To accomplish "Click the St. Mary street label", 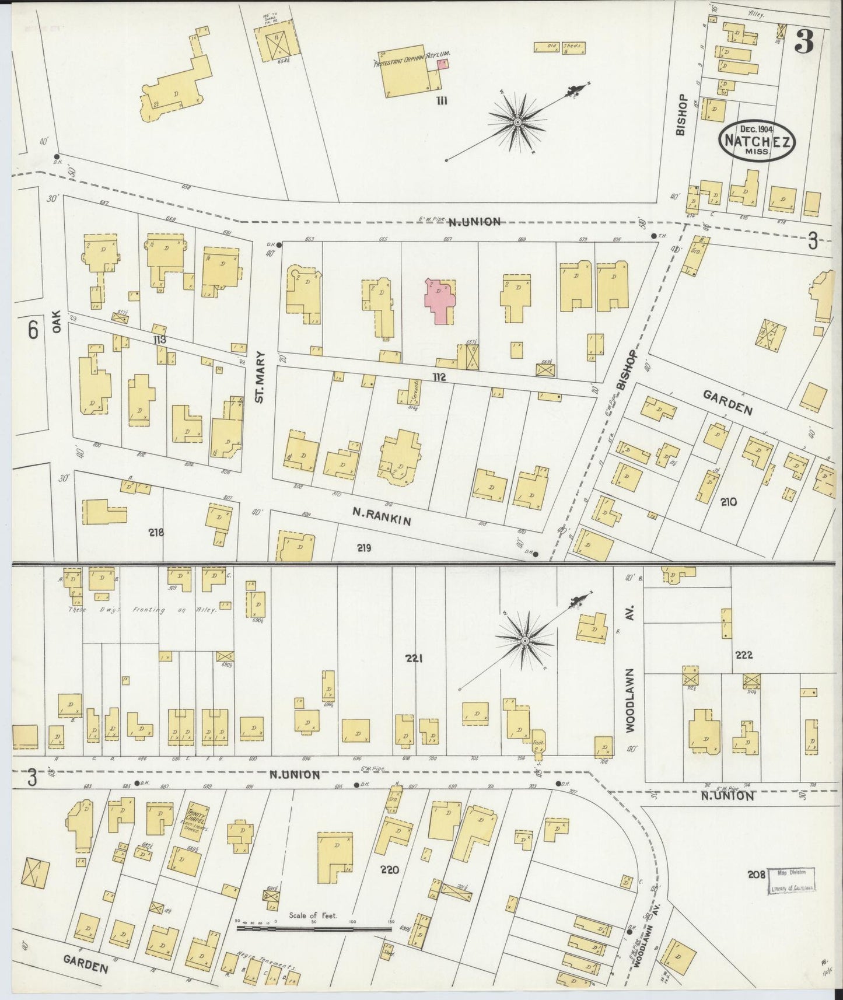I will click(x=260, y=377).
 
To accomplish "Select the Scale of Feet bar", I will click(x=313, y=926).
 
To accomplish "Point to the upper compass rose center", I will click(x=517, y=123).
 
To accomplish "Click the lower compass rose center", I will click(x=524, y=641).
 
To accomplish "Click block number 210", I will click(x=729, y=501).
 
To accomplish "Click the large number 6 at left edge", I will click(x=33, y=331).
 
